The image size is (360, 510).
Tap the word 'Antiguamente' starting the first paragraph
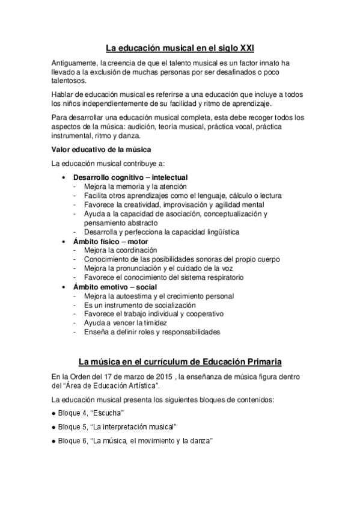76,63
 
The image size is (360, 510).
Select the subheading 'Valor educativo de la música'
101,149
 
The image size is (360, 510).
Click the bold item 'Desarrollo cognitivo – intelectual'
130,177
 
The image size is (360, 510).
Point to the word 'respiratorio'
222,277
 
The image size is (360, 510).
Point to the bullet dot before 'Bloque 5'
53,427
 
